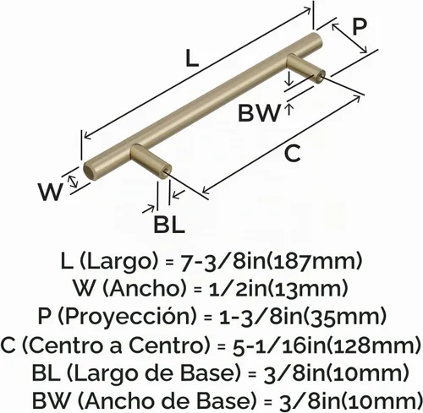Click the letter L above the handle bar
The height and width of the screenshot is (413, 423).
click(193, 57)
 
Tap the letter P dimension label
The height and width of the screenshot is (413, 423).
click(360, 27)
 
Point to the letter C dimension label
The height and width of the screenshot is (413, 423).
click(293, 153)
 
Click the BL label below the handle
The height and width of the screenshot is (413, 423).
click(169, 224)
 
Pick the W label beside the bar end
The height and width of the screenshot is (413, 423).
click(50, 192)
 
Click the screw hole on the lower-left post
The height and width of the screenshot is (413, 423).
click(167, 171)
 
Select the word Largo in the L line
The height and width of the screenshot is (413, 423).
click(120, 262)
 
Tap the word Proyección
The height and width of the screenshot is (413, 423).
click(126, 316)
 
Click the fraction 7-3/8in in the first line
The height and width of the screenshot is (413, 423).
click(223, 261)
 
